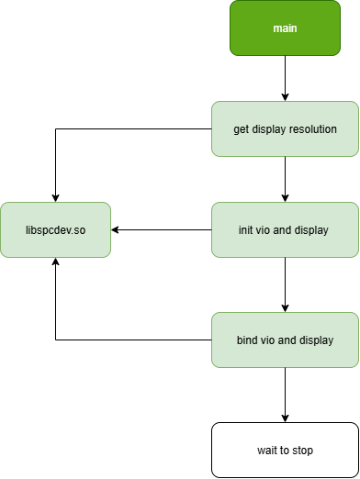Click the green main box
pos(285,28)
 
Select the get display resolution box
pos(285,128)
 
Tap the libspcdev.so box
pos(55,229)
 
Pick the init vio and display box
pos(285,229)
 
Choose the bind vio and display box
pos(285,340)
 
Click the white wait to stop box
pos(285,450)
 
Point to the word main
pos(285,28)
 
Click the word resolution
pos(312,129)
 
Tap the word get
pos(242,129)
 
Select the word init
pos(247,230)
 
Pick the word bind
pos(247,340)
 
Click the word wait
pos(266,451)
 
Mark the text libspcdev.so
pos(55,230)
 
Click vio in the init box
pos(266,230)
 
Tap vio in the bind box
pos(268,340)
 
